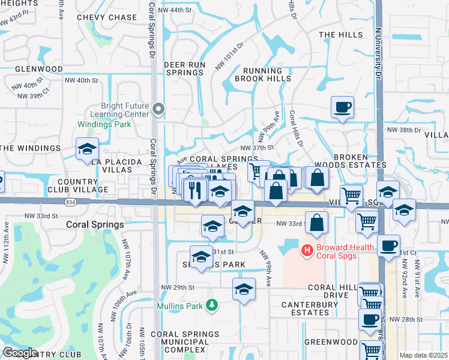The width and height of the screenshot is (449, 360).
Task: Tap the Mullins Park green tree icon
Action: tap(211, 305)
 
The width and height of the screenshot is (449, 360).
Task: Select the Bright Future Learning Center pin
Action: tap(158, 109)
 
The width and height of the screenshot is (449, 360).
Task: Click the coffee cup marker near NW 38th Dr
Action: tap(342, 107)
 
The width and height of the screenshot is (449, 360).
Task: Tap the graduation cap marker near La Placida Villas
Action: tap(87, 149)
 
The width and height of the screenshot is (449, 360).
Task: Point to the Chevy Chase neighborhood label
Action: tap(107, 17)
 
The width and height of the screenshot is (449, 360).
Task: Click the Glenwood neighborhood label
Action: tap(31, 69)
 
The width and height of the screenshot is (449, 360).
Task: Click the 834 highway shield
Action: tap(71, 203)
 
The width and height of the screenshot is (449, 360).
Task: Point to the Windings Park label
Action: tap(104, 125)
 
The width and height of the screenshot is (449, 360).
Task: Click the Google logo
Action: tap(20, 353)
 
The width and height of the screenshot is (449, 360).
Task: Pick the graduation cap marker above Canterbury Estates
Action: tap(244, 289)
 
